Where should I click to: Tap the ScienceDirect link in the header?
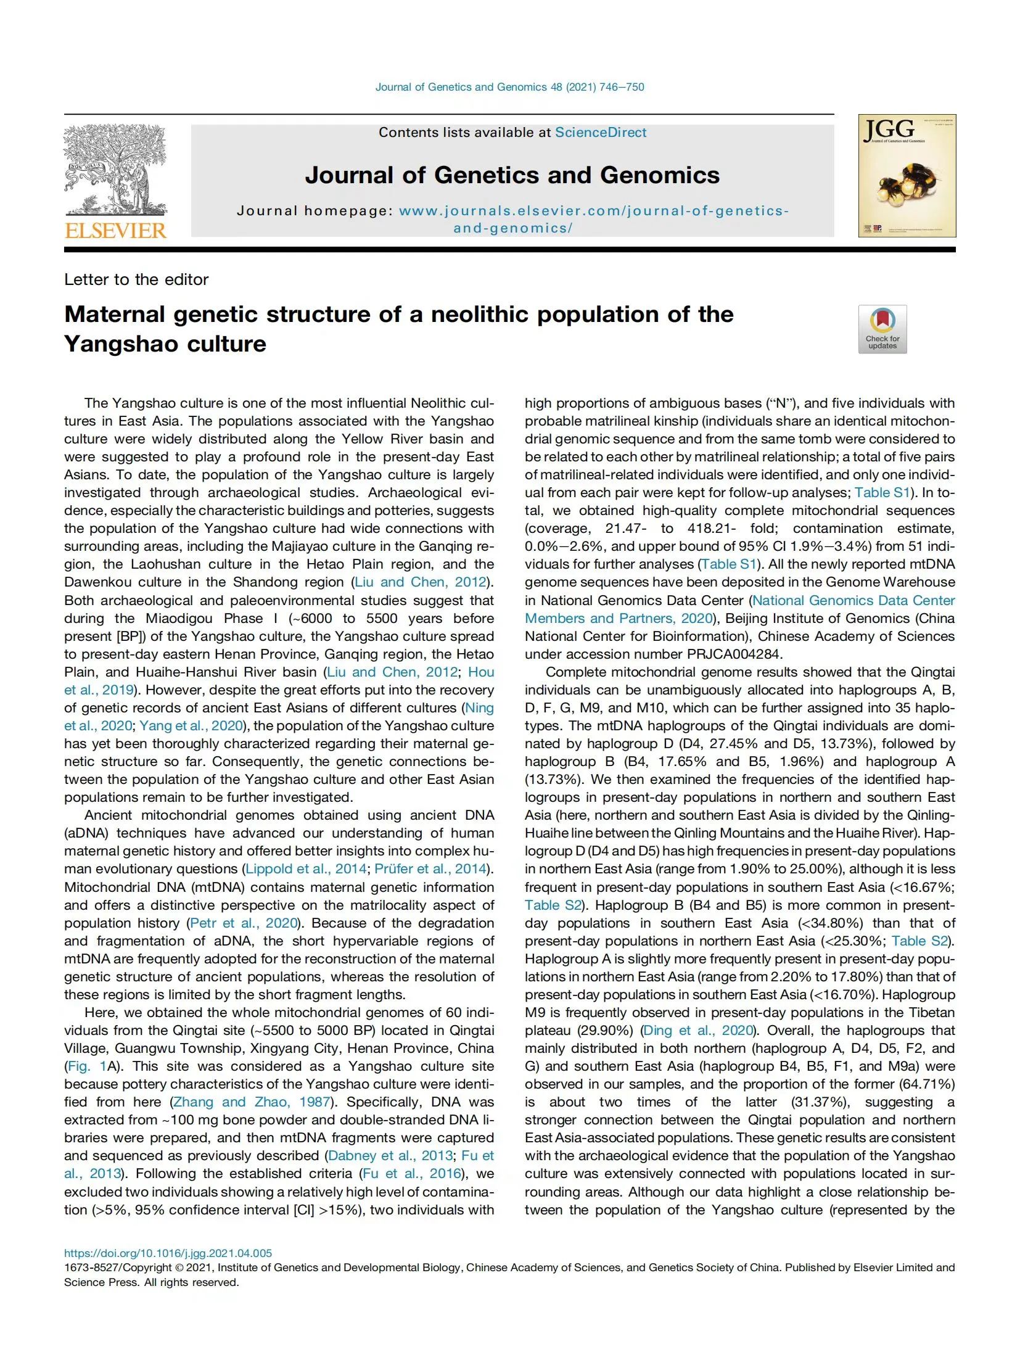coord(600,133)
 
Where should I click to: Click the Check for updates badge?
coord(882,329)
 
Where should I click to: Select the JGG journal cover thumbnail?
coord(907,176)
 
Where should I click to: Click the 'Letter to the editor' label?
coord(136,279)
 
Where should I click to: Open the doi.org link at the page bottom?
coord(168,1253)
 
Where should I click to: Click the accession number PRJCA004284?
coord(733,654)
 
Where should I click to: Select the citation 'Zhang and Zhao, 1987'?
coord(252,1102)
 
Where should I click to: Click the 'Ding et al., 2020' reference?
coord(698,1030)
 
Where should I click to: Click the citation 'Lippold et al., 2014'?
coord(306,869)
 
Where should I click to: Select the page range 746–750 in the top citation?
coord(622,87)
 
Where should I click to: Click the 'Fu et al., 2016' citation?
coord(412,1173)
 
